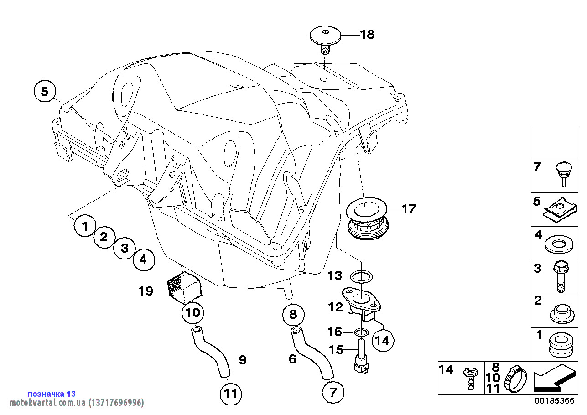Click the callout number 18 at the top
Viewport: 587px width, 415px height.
tap(367, 34)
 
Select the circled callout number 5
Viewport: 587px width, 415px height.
tap(44, 92)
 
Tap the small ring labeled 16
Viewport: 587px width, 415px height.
tap(361, 332)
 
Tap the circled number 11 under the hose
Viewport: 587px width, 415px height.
tap(231, 393)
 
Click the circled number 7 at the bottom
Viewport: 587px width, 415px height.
tap(333, 391)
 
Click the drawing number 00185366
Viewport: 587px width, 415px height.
tap(554, 401)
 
